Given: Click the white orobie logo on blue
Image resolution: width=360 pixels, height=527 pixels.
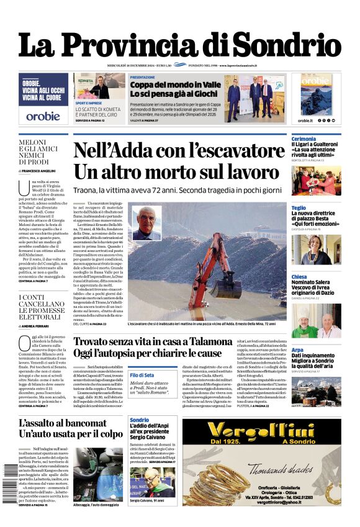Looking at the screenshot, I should coord(43,115).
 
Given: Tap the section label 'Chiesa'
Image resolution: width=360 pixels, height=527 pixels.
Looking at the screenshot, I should coord(299,277).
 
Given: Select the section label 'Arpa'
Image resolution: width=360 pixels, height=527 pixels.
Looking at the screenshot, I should coord(297,350).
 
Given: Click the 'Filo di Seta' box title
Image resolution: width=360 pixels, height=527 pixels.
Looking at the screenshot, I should coord(142,375).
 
